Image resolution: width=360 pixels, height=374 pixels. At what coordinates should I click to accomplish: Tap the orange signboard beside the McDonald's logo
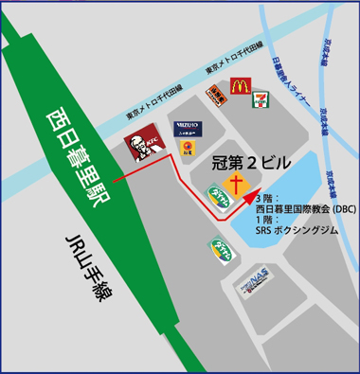click(x=215, y=93)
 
